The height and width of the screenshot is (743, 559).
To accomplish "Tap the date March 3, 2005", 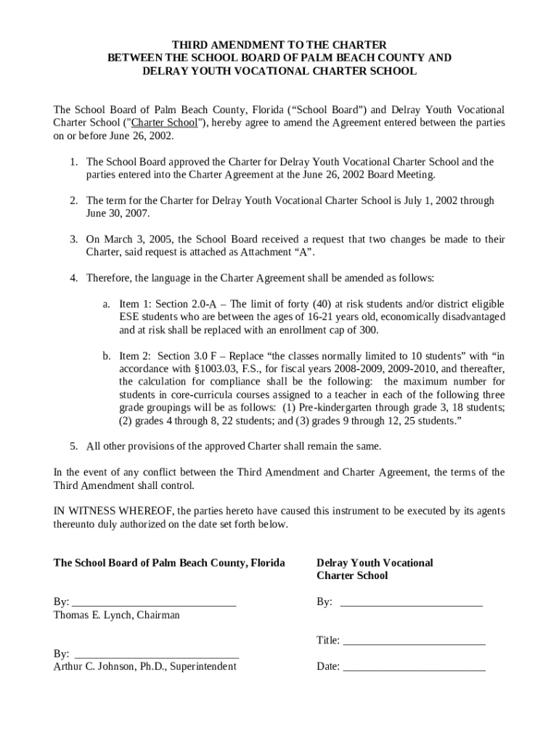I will coord(137,239).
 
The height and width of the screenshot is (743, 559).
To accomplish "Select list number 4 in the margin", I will coord(73,279).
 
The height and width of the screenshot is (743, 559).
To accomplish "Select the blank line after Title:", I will coord(414,643).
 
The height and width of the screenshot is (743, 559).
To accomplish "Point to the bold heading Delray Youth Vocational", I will coord(375,563).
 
